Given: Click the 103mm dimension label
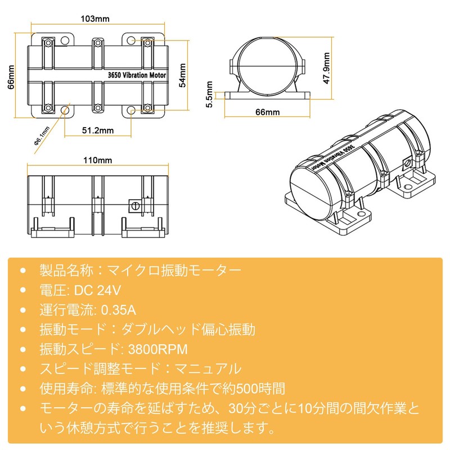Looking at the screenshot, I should click(95, 19).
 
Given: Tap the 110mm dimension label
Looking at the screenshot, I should click(98, 161).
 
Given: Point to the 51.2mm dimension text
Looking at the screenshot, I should click(98, 130).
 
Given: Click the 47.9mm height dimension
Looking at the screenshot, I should click(326, 67).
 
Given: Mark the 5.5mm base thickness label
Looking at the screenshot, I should click(210, 94).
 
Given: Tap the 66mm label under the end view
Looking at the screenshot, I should click(267, 112).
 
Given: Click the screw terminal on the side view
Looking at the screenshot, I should click(134, 205).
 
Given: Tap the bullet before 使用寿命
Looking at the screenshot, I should click(22, 388).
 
